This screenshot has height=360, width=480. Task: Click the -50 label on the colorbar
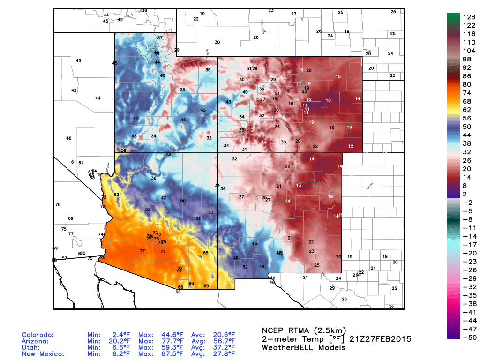pyautogui.click(x=469, y=337)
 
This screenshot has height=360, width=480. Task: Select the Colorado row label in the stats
pyautogui.click(x=38, y=335)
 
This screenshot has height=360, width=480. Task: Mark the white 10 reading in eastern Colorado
pyautogui.click(x=329, y=101)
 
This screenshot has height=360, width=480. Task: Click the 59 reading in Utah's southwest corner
pyautogui.click(x=124, y=150)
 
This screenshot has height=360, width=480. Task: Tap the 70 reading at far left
pyautogui.click(x=58, y=205)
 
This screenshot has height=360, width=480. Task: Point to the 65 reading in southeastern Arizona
pyautogui.click(x=205, y=253)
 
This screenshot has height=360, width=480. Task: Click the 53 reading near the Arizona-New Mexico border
pyautogui.click(x=211, y=212)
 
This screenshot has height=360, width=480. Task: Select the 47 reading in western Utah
pyautogui.click(x=135, y=119)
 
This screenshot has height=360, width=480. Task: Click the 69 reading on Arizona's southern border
pyautogui.click(x=206, y=286)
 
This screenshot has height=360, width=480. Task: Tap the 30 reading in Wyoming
pyautogui.click(x=217, y=42)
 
